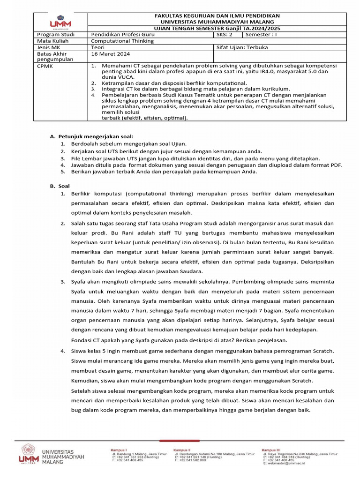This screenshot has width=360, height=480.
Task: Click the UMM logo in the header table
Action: pyautogui.click(x=60, y=22)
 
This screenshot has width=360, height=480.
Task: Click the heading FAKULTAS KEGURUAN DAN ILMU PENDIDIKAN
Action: pyautogui.click(x=217, y=16)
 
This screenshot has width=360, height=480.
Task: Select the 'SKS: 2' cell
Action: pyautogui.click(x=227, y=35)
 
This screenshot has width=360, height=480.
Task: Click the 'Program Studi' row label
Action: pyautogui.click(x=53, y=35)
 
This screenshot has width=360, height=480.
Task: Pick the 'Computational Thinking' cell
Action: pyautogui.click(x=122, y=41)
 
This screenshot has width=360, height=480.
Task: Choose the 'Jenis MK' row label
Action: pyautogui.click(x=47, y=47)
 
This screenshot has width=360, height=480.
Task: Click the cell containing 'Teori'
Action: pyautogui.click(x=98, y=47)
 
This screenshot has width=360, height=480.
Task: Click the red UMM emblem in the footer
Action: pyautogui.click(x=28, y=454)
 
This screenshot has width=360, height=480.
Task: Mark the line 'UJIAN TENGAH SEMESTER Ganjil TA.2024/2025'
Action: pyautogui.click(x=217, y=28)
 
